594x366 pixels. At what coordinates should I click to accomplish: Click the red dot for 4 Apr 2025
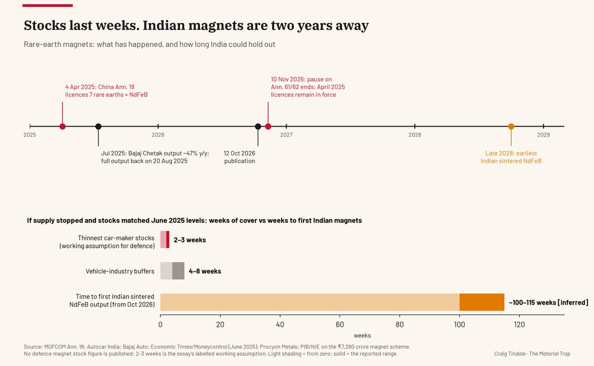[x=62, y=127]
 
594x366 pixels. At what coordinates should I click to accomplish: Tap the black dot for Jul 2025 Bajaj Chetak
[x=99, y=127]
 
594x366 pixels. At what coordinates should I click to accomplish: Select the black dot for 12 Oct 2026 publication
[x=258, y=127]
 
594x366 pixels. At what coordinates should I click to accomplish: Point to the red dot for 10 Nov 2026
[x=268, y=127]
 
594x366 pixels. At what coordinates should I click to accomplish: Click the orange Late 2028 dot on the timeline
[x=511, y=127]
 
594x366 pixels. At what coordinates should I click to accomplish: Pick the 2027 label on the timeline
[x=287, y=135]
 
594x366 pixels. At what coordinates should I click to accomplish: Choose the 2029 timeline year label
[x=544, y=135]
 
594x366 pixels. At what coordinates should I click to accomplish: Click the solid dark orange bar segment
[x=482, y=302]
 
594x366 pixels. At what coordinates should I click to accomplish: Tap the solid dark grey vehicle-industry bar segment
[x=178, y=271]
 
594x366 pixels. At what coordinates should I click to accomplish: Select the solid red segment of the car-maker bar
[x=168, y=239]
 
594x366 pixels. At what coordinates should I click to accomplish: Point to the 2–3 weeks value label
[x=190, y=240]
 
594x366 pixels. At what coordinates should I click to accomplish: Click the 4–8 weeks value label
[x=205, y=271]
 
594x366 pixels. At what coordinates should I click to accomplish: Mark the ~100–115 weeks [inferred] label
[x=548, y=302]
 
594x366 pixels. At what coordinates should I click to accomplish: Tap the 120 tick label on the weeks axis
[x=519, y=324]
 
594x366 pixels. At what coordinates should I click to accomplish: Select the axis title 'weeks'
[x=362, y=335]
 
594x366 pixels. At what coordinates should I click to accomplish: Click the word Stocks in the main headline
[x=45, y=25]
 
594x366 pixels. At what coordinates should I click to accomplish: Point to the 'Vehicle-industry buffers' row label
[x=120, y=271]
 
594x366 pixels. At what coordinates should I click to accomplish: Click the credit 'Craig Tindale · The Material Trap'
[x=532, y=354]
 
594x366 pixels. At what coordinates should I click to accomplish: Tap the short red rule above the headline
[x=48, y=5]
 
